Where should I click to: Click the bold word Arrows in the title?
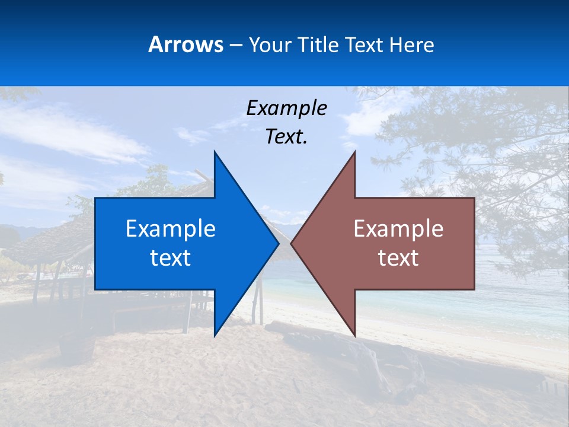[x=186, y=44]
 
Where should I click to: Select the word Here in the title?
[x=412, y=45]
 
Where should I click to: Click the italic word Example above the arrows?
[x=286, y=108]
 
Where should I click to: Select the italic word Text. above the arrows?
[x=286, y=137]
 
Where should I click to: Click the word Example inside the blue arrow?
[x=171, y=228]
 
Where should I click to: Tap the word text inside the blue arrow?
[x=171, y=258]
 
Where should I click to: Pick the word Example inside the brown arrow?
[x=398, y=228]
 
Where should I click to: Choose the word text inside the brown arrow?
[x=398, y=258]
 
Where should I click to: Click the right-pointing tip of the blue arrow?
[x=278, y=243]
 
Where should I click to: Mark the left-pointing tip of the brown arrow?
[x=292, y=243]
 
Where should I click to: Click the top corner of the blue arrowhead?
[x=215, y=152]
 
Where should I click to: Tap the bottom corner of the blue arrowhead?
[x=215, y=336]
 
